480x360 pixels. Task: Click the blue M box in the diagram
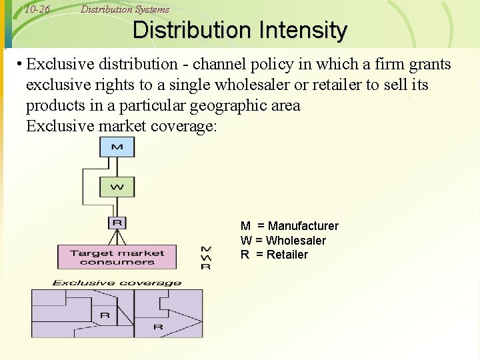pos(117,147)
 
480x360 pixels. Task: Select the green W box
pos(117,187)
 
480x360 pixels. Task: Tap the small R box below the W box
pos(117,223)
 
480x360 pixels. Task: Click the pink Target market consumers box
pos(117,257)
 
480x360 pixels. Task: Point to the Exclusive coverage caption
pos(117,283)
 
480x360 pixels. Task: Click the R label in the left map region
pos(105,315)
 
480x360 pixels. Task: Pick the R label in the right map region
pos(158,327)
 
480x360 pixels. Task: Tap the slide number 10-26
pos(37,9)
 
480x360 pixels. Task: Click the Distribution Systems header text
pos(125,9)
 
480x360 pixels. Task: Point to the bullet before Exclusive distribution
pos(21,65)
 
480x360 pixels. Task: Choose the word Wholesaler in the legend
pos(295,240)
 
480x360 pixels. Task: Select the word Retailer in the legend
pos(287,254)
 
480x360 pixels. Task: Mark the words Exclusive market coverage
pos(121,125)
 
